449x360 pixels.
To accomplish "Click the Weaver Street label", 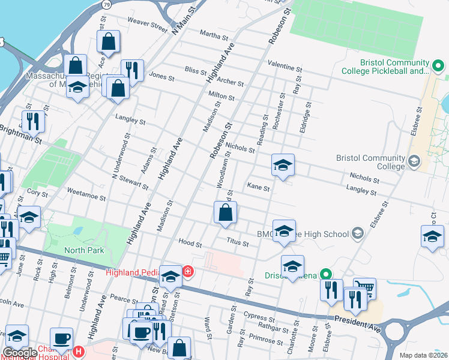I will pyautogui.click(x=147, y=25).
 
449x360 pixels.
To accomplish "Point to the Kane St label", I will pyautogui.click(x=259, y=187).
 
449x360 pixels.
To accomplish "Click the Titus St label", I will pyautogui.click(x=237, y=241).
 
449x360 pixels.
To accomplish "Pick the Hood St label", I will pyautogui.click(x=190, y=243).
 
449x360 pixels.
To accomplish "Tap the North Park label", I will pyautogui.click(x=84, y=250).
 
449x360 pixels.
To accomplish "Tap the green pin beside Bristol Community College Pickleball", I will pyautogui.click(x=438, y=65).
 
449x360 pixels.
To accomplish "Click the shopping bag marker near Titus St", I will pyautogui.click(x=224, y=213).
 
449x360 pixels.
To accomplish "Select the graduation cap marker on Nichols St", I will pyautogui.click(x=283, y=164).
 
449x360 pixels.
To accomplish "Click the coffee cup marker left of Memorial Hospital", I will pyautogui.click(x=61, y=337).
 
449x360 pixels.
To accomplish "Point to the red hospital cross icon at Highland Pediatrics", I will pyautogui.click(x=188, y=272).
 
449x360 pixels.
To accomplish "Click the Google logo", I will pyautogui.click(x=20, y=353).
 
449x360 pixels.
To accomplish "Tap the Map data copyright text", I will pyautogui.click(x=424, y=355).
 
